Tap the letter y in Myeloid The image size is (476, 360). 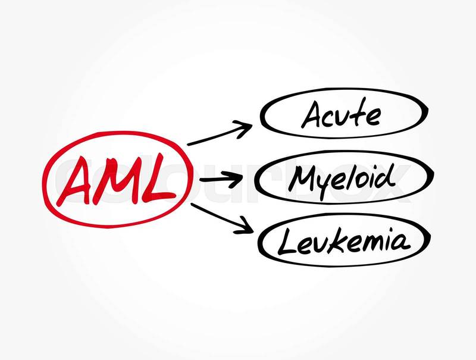328,182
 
